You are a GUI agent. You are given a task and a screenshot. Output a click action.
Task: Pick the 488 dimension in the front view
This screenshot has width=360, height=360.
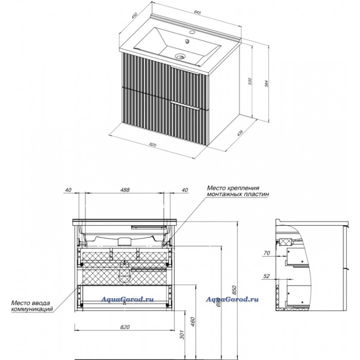pyautogui.click(x=124, y=190)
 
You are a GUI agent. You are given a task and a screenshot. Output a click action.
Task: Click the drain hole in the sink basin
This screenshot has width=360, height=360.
pyautogui.click(x=179, y=57)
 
